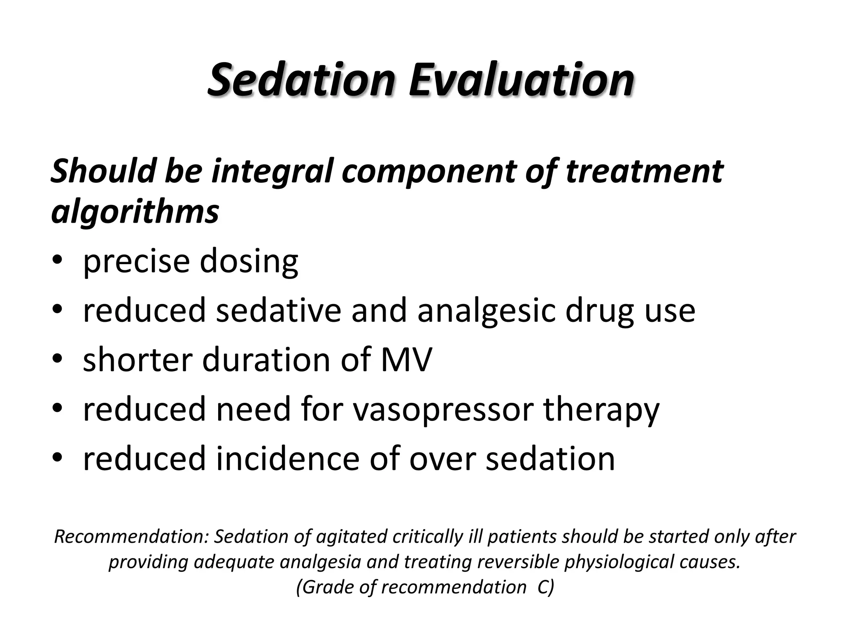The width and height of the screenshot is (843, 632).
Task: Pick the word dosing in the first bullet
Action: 249,262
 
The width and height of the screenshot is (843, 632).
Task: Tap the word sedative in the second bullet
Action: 278,311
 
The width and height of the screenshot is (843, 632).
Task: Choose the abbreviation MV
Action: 406,360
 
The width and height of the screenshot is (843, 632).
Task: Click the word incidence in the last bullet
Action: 288,458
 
